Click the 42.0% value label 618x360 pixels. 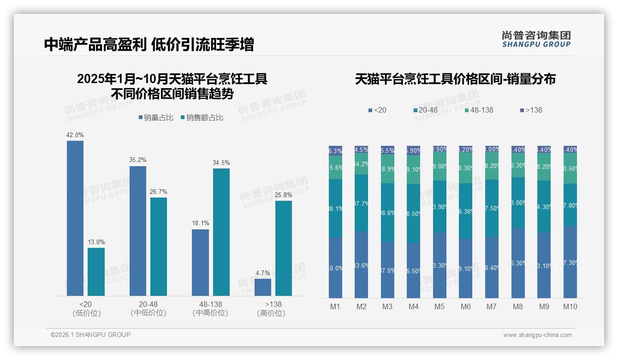tap(75, 135)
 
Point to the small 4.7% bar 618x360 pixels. tap(262, 287)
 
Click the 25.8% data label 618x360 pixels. tap(284, 195)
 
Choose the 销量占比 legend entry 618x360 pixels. tap(156, 118)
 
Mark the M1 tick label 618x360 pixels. tap(335, 306)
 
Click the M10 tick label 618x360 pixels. tap(570, 306)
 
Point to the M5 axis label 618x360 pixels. tap(440, 306)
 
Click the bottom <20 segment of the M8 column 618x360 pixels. tap(518, 263)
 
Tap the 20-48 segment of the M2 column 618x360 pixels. tap(362, 203)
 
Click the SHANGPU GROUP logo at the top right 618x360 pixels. tap(536, 39)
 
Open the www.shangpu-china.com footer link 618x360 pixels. tap(537, 335)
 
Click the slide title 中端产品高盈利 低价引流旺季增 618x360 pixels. tap(149, 45)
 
